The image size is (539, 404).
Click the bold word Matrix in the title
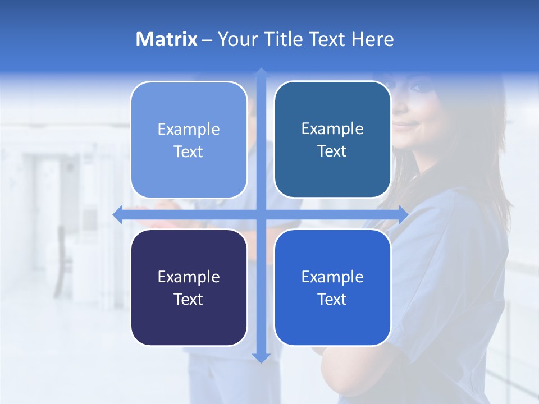coord(166,39)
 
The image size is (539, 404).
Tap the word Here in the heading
coord(372,39)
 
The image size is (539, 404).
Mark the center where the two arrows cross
coord(261,214)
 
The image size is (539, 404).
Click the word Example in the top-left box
coord(189,130)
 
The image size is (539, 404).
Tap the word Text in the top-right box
coord(332,151)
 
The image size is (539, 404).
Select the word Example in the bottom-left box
coord(189,277)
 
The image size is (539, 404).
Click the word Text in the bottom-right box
coord(332,299)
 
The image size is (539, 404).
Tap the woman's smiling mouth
coord(405,125)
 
